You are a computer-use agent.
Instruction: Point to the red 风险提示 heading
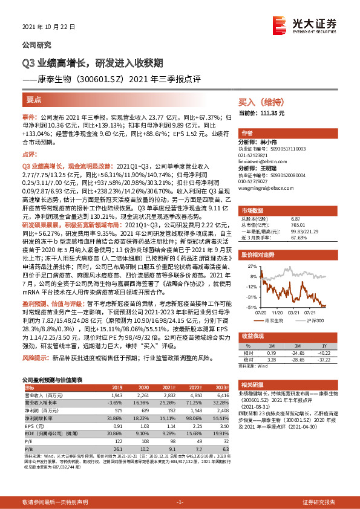pos(34,358)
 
